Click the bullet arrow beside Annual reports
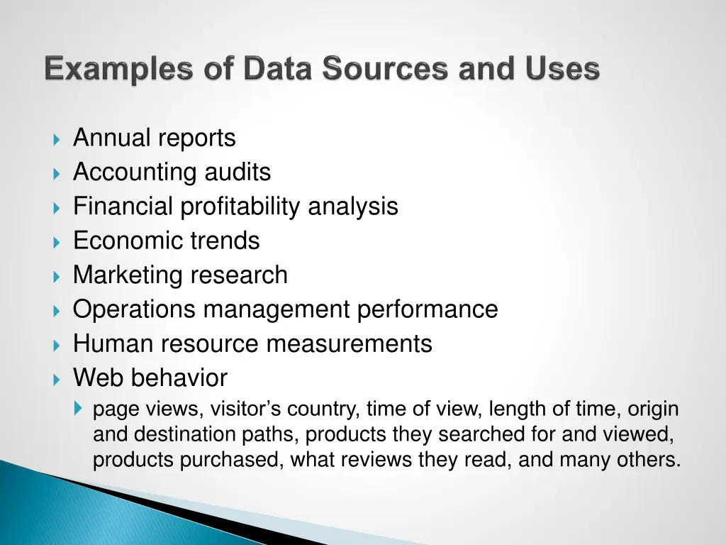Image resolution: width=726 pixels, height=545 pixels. (x=57, y=138)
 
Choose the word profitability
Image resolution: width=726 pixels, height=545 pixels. (x=240, y=207)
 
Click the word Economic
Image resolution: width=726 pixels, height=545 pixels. (x=128, y=241)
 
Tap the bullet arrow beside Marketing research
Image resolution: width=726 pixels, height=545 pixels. (x=57, y=276)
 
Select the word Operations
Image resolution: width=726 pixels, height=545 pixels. (x=135, y=309)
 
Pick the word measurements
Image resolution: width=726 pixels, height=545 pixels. (x=349, y=343)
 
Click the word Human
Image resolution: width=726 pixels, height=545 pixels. (x=113, y=343)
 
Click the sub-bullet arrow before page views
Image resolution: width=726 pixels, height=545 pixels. (x=78, y=409)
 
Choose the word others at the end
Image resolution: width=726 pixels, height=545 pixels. (x=641, y=460)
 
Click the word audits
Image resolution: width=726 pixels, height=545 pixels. (x=238, y=172)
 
